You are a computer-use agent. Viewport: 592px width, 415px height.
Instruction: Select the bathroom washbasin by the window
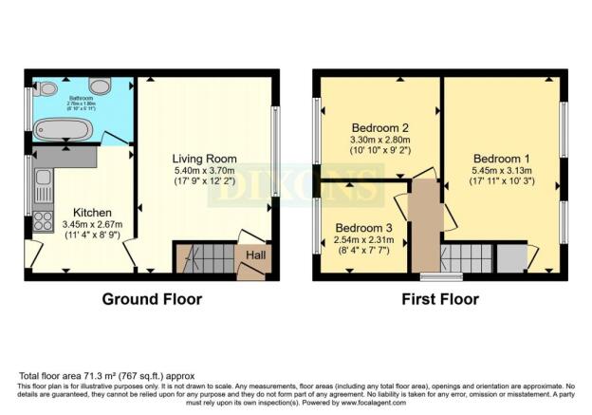click(x=48, y=89)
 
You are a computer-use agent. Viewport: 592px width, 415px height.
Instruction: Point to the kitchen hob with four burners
click(x=42, y=220)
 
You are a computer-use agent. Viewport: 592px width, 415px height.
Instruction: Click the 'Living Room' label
click(x=204, y=158)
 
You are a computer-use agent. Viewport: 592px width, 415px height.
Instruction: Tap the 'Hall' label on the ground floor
click(x=256, y=255)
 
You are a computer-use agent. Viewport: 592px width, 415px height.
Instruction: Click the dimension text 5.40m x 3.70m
click(x=204, y=172)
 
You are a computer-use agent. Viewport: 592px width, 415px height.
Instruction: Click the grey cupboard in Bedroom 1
click(x=512, y=256)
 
